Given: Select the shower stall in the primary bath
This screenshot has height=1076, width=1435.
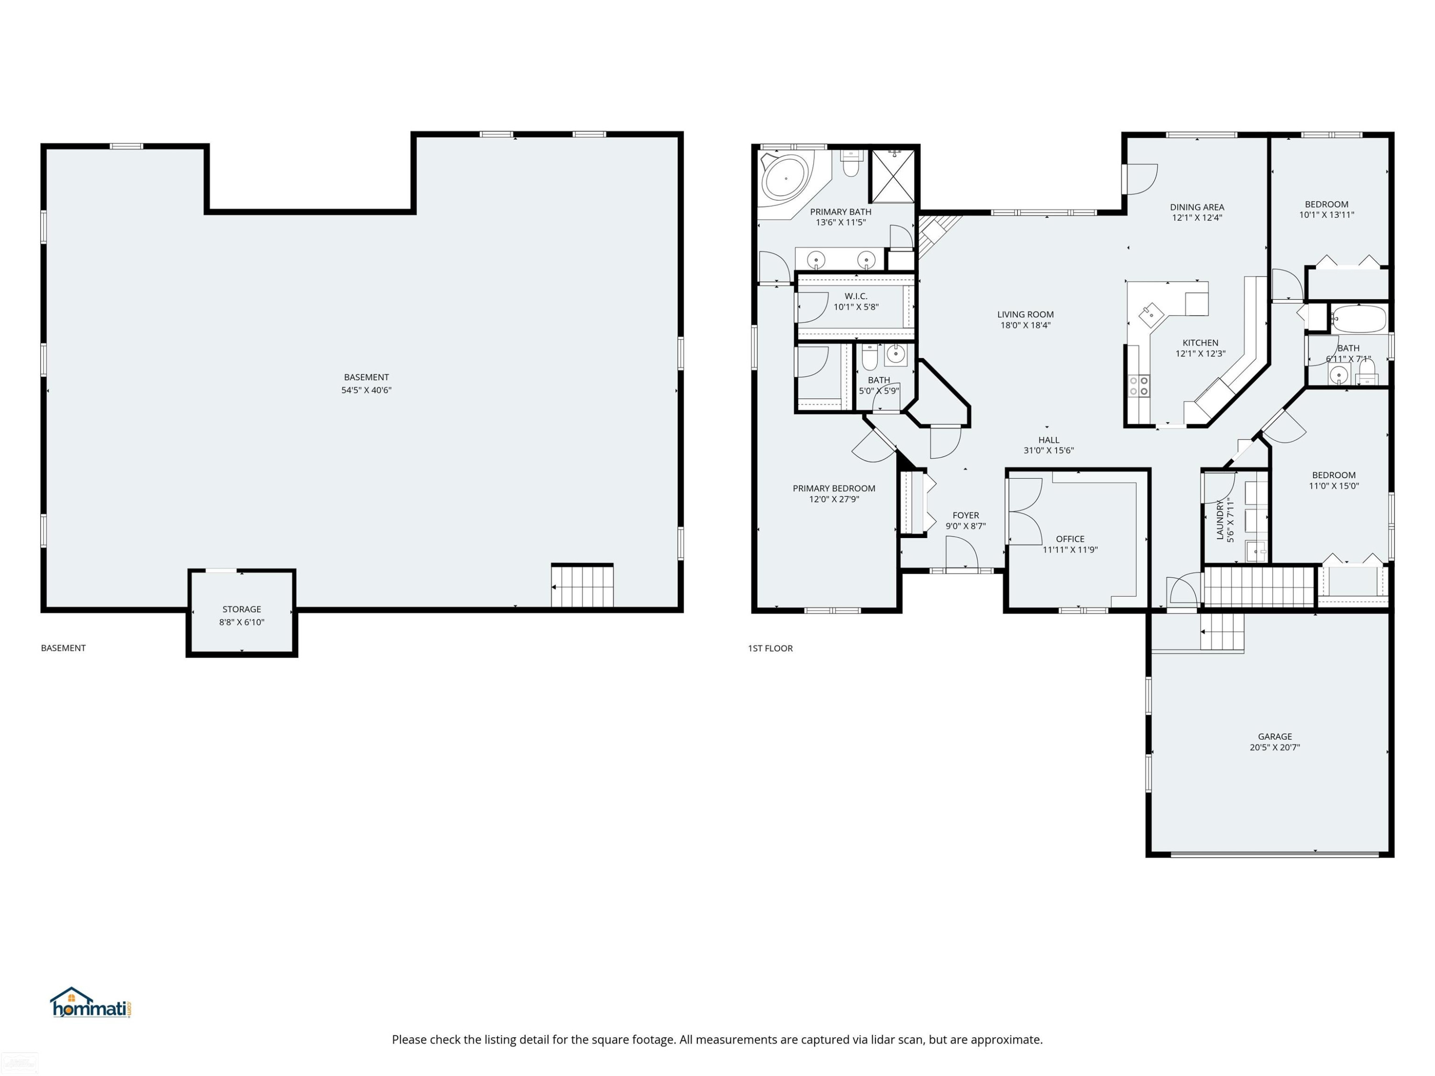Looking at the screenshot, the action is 892,176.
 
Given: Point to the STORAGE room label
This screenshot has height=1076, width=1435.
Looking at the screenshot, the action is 242,609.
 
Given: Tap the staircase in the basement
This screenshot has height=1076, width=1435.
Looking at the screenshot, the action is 582,586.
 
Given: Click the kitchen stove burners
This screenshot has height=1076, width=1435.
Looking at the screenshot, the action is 1139,386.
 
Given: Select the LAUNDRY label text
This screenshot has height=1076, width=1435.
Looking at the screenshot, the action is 1220,519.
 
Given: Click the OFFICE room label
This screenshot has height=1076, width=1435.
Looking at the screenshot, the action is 1070,539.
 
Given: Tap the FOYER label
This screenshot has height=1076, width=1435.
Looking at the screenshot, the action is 965,516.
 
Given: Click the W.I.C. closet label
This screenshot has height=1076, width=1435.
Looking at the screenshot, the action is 856,296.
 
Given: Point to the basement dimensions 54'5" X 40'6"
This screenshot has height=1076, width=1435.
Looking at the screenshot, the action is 366,390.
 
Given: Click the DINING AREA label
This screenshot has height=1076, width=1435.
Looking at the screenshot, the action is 1197,208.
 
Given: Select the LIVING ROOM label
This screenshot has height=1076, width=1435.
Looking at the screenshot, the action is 1025,315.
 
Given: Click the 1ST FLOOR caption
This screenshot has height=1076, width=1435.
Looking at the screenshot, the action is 770,648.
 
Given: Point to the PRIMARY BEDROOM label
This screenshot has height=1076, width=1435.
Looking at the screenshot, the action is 834,488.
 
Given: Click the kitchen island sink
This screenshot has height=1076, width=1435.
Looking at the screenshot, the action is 1152,315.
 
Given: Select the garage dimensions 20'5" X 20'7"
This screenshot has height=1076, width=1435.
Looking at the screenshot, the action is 1275,747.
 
